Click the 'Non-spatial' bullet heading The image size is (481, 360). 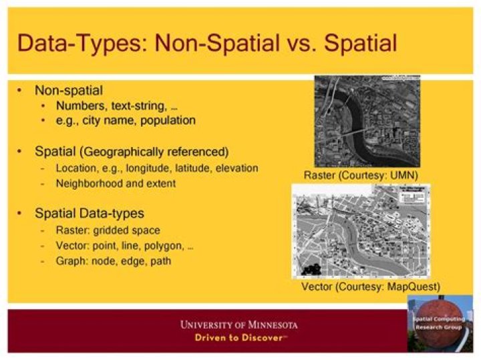(x=68, y=89)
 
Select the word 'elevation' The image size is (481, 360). (x=236, y=168)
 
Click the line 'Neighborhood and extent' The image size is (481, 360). (x=116, y=183)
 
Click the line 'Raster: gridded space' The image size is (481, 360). (x=108, y=230)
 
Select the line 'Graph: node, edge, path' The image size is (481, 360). (x=114, y=261)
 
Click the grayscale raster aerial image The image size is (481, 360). (x=367, y=121)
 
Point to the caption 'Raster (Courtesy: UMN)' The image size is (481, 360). (x=361, y=175)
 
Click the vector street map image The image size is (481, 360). (x=361, y=231)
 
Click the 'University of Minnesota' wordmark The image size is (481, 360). (x=238, y=325)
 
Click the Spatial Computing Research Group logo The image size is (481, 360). (x=440, y=323)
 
